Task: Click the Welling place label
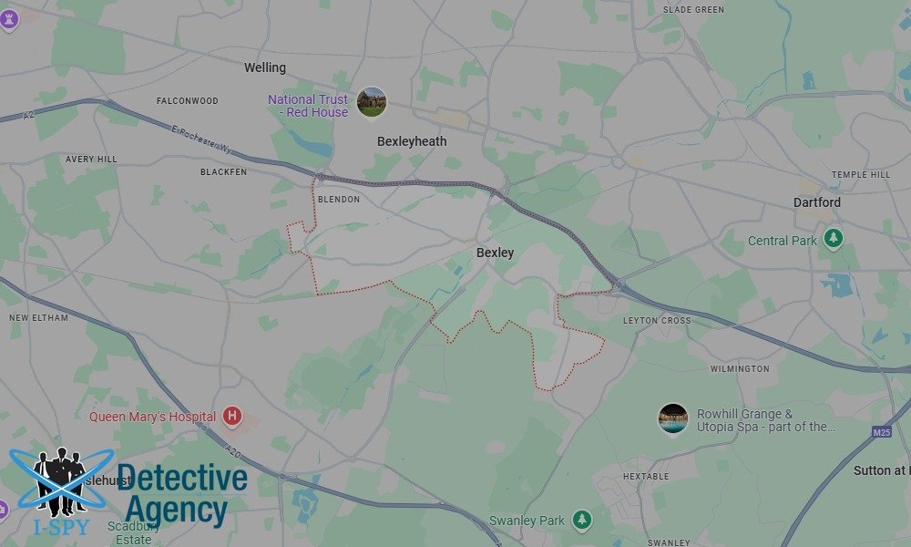(x=265, y=67)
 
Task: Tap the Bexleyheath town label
(x=412, y=141)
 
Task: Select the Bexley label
(x=495, y=253)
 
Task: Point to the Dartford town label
(x=816, y=201)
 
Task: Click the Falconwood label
(x=188, y=100)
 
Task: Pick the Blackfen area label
(x=223, y=171)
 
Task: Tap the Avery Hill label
(x=91, y=159)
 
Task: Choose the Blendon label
(x=339, y=199)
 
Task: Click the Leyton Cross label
(x=657, y=321)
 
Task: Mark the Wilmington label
(x=740, y=368)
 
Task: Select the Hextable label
(x=646, y=476)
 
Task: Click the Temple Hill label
(x=861, y=174)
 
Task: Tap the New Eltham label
(x=32, y=317)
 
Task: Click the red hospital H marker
(x=232, y=417)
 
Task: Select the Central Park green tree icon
(x=833, y=239)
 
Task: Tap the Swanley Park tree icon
(x=581, y=521)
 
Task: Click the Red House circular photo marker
(x=372, y=102)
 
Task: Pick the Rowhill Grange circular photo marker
(x=673, y=418)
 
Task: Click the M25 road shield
(x=881, y=432)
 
